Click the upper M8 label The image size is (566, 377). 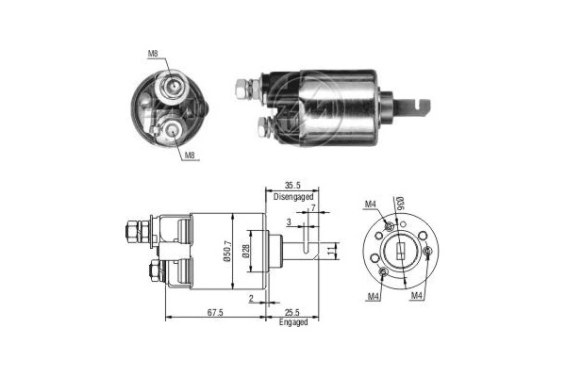tap(154, 54)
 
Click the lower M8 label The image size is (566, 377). tap(189, 156)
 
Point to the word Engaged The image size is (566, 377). tap(292, 322)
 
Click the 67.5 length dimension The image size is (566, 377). tap(216, 313)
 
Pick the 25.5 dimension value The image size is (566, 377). tap(291, 313)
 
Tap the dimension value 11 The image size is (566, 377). tap(331, 252)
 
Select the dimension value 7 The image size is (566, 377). tap(312, 207)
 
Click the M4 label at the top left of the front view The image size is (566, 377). tap(371, 205)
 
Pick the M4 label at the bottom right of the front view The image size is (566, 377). tap(416, 296)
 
